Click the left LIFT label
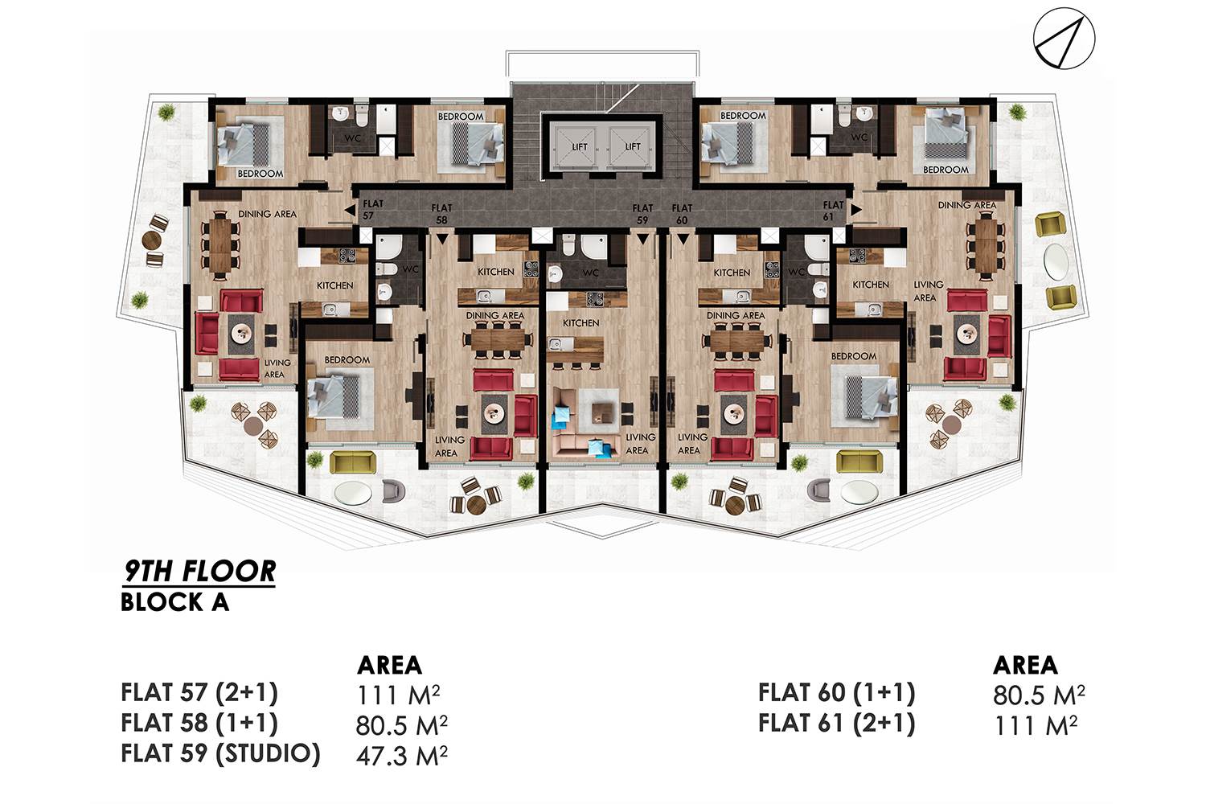coord(580,146)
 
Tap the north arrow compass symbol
coord(1064,39)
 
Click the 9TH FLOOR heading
coord(199,572)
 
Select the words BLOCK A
coord(175,602)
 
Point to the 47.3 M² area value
coord(402,755)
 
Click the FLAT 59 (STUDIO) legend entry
coord(221,753)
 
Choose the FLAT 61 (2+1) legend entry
coord(837,723)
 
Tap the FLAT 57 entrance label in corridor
coord(372,210)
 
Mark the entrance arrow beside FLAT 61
coord(855,210)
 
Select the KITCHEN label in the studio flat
coord(581,322)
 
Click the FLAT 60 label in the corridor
coord(682,214)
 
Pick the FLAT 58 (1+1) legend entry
coord(199,723)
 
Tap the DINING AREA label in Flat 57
coord(267,214)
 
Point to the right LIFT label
coord(633,146)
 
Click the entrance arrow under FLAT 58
coord(442,239)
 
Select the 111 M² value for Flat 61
coord(1035,725)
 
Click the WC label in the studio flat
coord(591,273)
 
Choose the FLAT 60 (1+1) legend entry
coord(837,692)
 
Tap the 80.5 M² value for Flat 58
coord(402,725)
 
